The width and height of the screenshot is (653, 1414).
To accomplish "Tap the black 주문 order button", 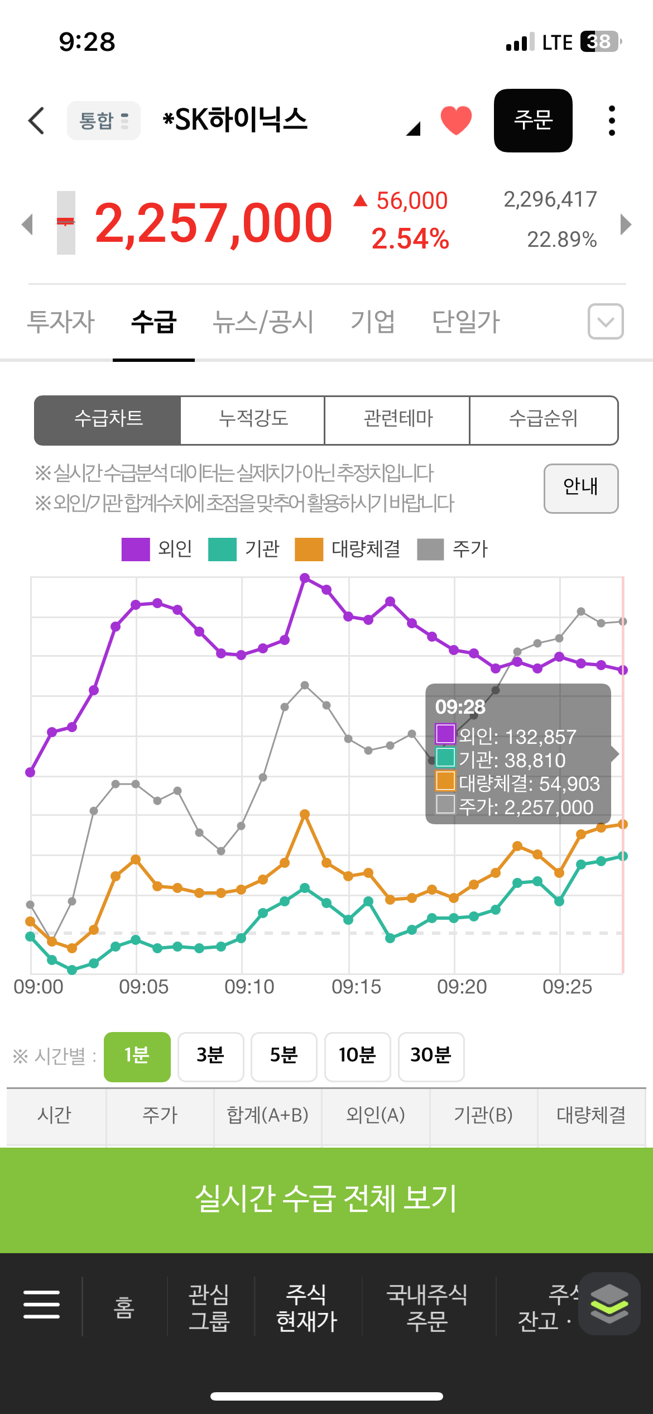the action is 533,121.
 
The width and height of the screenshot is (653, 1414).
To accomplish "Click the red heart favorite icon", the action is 456,120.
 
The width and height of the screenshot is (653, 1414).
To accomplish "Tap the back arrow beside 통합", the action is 36,121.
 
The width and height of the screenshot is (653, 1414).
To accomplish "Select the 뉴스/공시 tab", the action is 263,322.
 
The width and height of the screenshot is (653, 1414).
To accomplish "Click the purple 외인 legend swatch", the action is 136,549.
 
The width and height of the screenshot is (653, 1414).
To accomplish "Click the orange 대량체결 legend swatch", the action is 309,549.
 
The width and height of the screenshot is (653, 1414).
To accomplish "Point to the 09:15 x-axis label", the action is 356,987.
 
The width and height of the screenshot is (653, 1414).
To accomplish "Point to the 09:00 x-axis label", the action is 39,987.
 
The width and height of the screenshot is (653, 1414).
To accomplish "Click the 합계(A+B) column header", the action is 268,1115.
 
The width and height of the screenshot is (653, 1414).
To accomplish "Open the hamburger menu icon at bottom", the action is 41,1305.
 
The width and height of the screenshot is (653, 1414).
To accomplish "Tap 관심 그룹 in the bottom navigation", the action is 209,1307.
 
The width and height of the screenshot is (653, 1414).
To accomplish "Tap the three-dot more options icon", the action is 612,121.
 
